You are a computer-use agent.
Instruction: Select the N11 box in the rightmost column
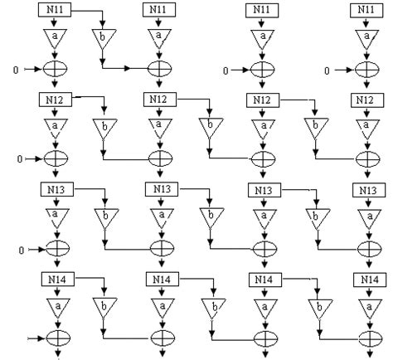point(364,9)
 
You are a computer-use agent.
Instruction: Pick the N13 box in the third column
point(262,191)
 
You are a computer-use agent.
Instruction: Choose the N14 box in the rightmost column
point(364,280)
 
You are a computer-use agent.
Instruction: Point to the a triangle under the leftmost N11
point(55,38)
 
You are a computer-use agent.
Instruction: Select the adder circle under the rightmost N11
point(365,69)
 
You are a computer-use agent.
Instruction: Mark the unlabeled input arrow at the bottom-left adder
point(32,338)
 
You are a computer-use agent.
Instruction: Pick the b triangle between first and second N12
point(104,129)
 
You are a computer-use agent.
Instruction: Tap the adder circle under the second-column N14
point(158,338)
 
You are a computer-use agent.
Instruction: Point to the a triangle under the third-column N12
point(262,128)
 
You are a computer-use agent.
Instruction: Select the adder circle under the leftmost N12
point(55,158)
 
